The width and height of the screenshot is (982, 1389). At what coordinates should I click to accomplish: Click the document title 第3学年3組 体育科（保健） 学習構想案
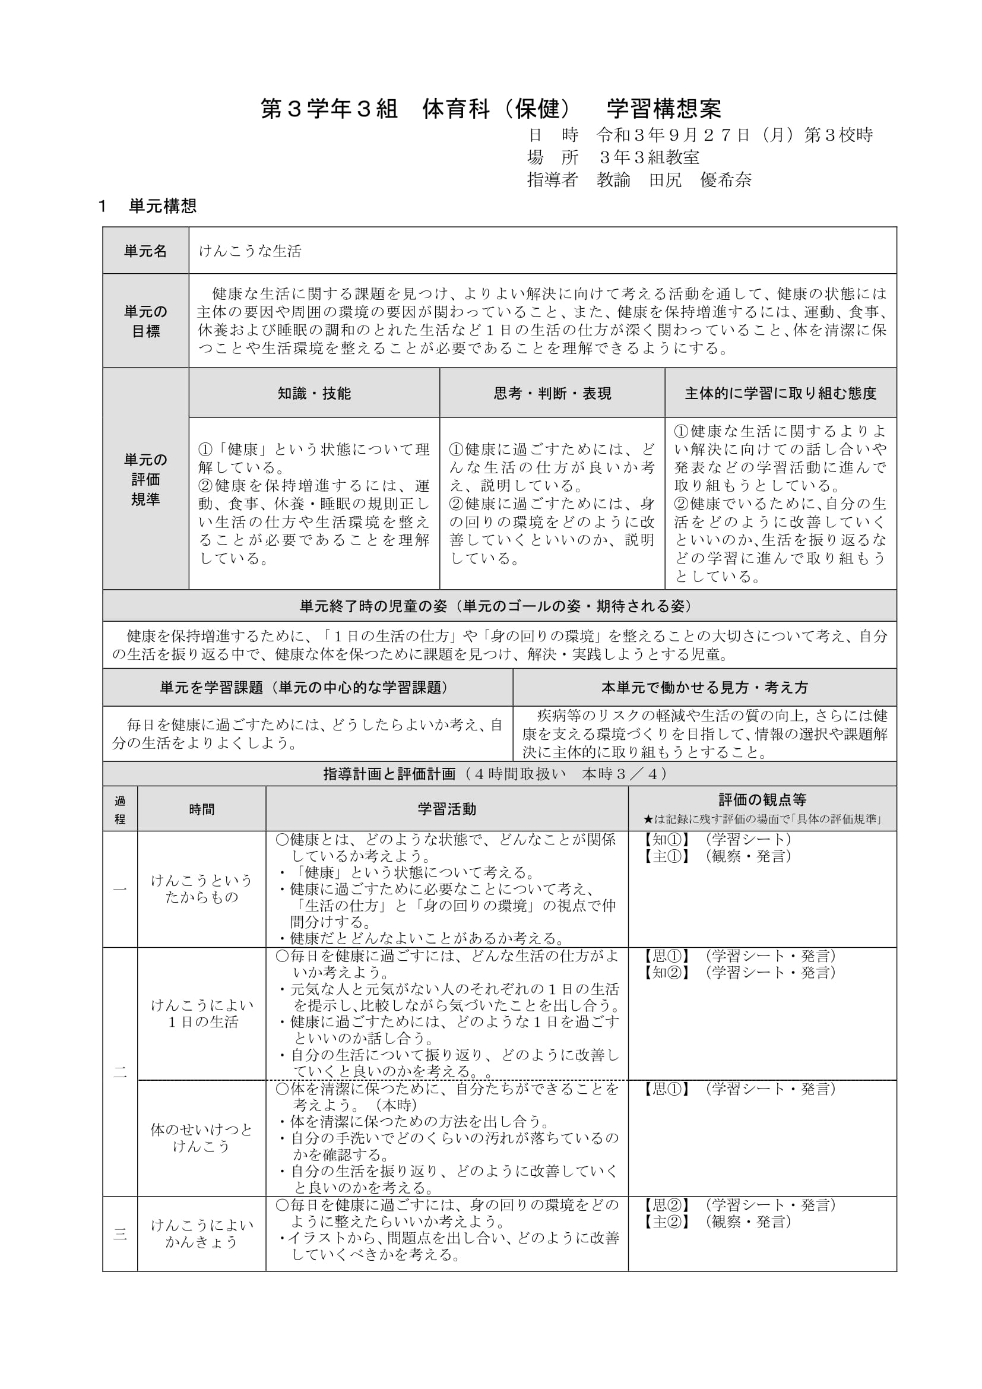[x=490, y=109]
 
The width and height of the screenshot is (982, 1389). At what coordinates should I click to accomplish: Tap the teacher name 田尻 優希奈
[x=699, y=181]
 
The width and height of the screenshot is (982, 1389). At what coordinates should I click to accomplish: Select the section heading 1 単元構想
[x=148, y=206]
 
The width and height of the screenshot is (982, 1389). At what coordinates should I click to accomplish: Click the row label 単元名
[x=145, y=251]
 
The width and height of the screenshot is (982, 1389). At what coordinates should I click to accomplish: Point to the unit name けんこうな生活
[x=250, y=251]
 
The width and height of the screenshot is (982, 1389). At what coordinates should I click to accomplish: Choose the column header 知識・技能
[x=314, y=393]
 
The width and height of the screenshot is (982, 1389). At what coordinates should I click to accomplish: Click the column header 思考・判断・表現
[x=552, y=393]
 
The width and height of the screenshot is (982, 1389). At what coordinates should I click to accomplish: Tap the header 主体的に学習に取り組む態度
[x=780, y=393]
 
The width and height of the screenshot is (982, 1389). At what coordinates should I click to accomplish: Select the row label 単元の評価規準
[x=145, y=479]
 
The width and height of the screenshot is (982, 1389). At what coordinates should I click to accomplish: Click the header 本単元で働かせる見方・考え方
[x=705, y=687]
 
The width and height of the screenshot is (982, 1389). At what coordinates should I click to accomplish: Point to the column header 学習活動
[x=447, y=809]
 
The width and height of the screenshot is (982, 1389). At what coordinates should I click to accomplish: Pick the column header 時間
[x=201, y=809]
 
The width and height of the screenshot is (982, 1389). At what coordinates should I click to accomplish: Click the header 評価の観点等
[x=762, y=800]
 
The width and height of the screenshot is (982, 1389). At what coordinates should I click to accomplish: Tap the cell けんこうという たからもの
[x=201, y=889]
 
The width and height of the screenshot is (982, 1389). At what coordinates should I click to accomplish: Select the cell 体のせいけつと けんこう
[x=201, y=1138]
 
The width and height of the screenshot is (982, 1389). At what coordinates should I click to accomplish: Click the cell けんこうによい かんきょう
[x=201, y=1233]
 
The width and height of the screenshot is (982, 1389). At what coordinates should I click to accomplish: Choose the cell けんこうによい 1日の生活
[x=201, y=1013]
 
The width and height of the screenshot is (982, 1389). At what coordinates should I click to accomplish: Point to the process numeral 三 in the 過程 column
[x=120, y=1234]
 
